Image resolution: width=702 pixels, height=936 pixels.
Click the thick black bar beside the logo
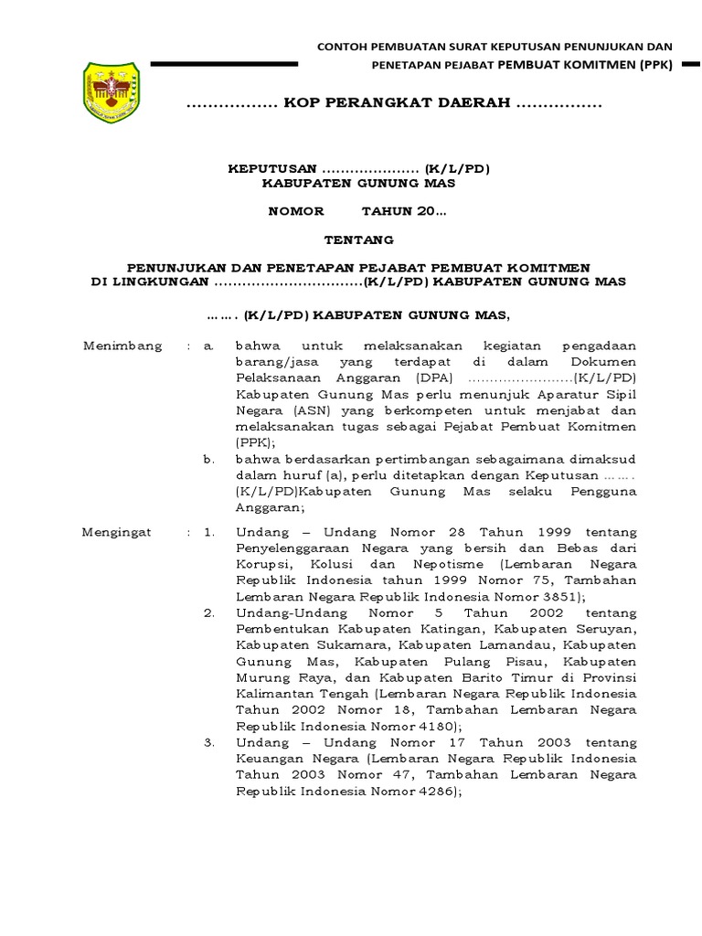[x=224, y=64]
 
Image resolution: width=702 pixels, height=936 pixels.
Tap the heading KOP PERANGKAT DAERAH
[x=395, y=105]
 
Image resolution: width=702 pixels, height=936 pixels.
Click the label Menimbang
[x=122, y=346]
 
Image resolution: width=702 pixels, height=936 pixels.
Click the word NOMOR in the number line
[x=295, y=211]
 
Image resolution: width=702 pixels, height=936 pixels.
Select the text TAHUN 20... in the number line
[x=404, y=211]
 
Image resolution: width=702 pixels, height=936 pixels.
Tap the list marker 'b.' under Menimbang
[x=208, y=459]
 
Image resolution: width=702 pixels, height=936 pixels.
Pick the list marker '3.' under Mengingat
[x=208, y=741]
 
